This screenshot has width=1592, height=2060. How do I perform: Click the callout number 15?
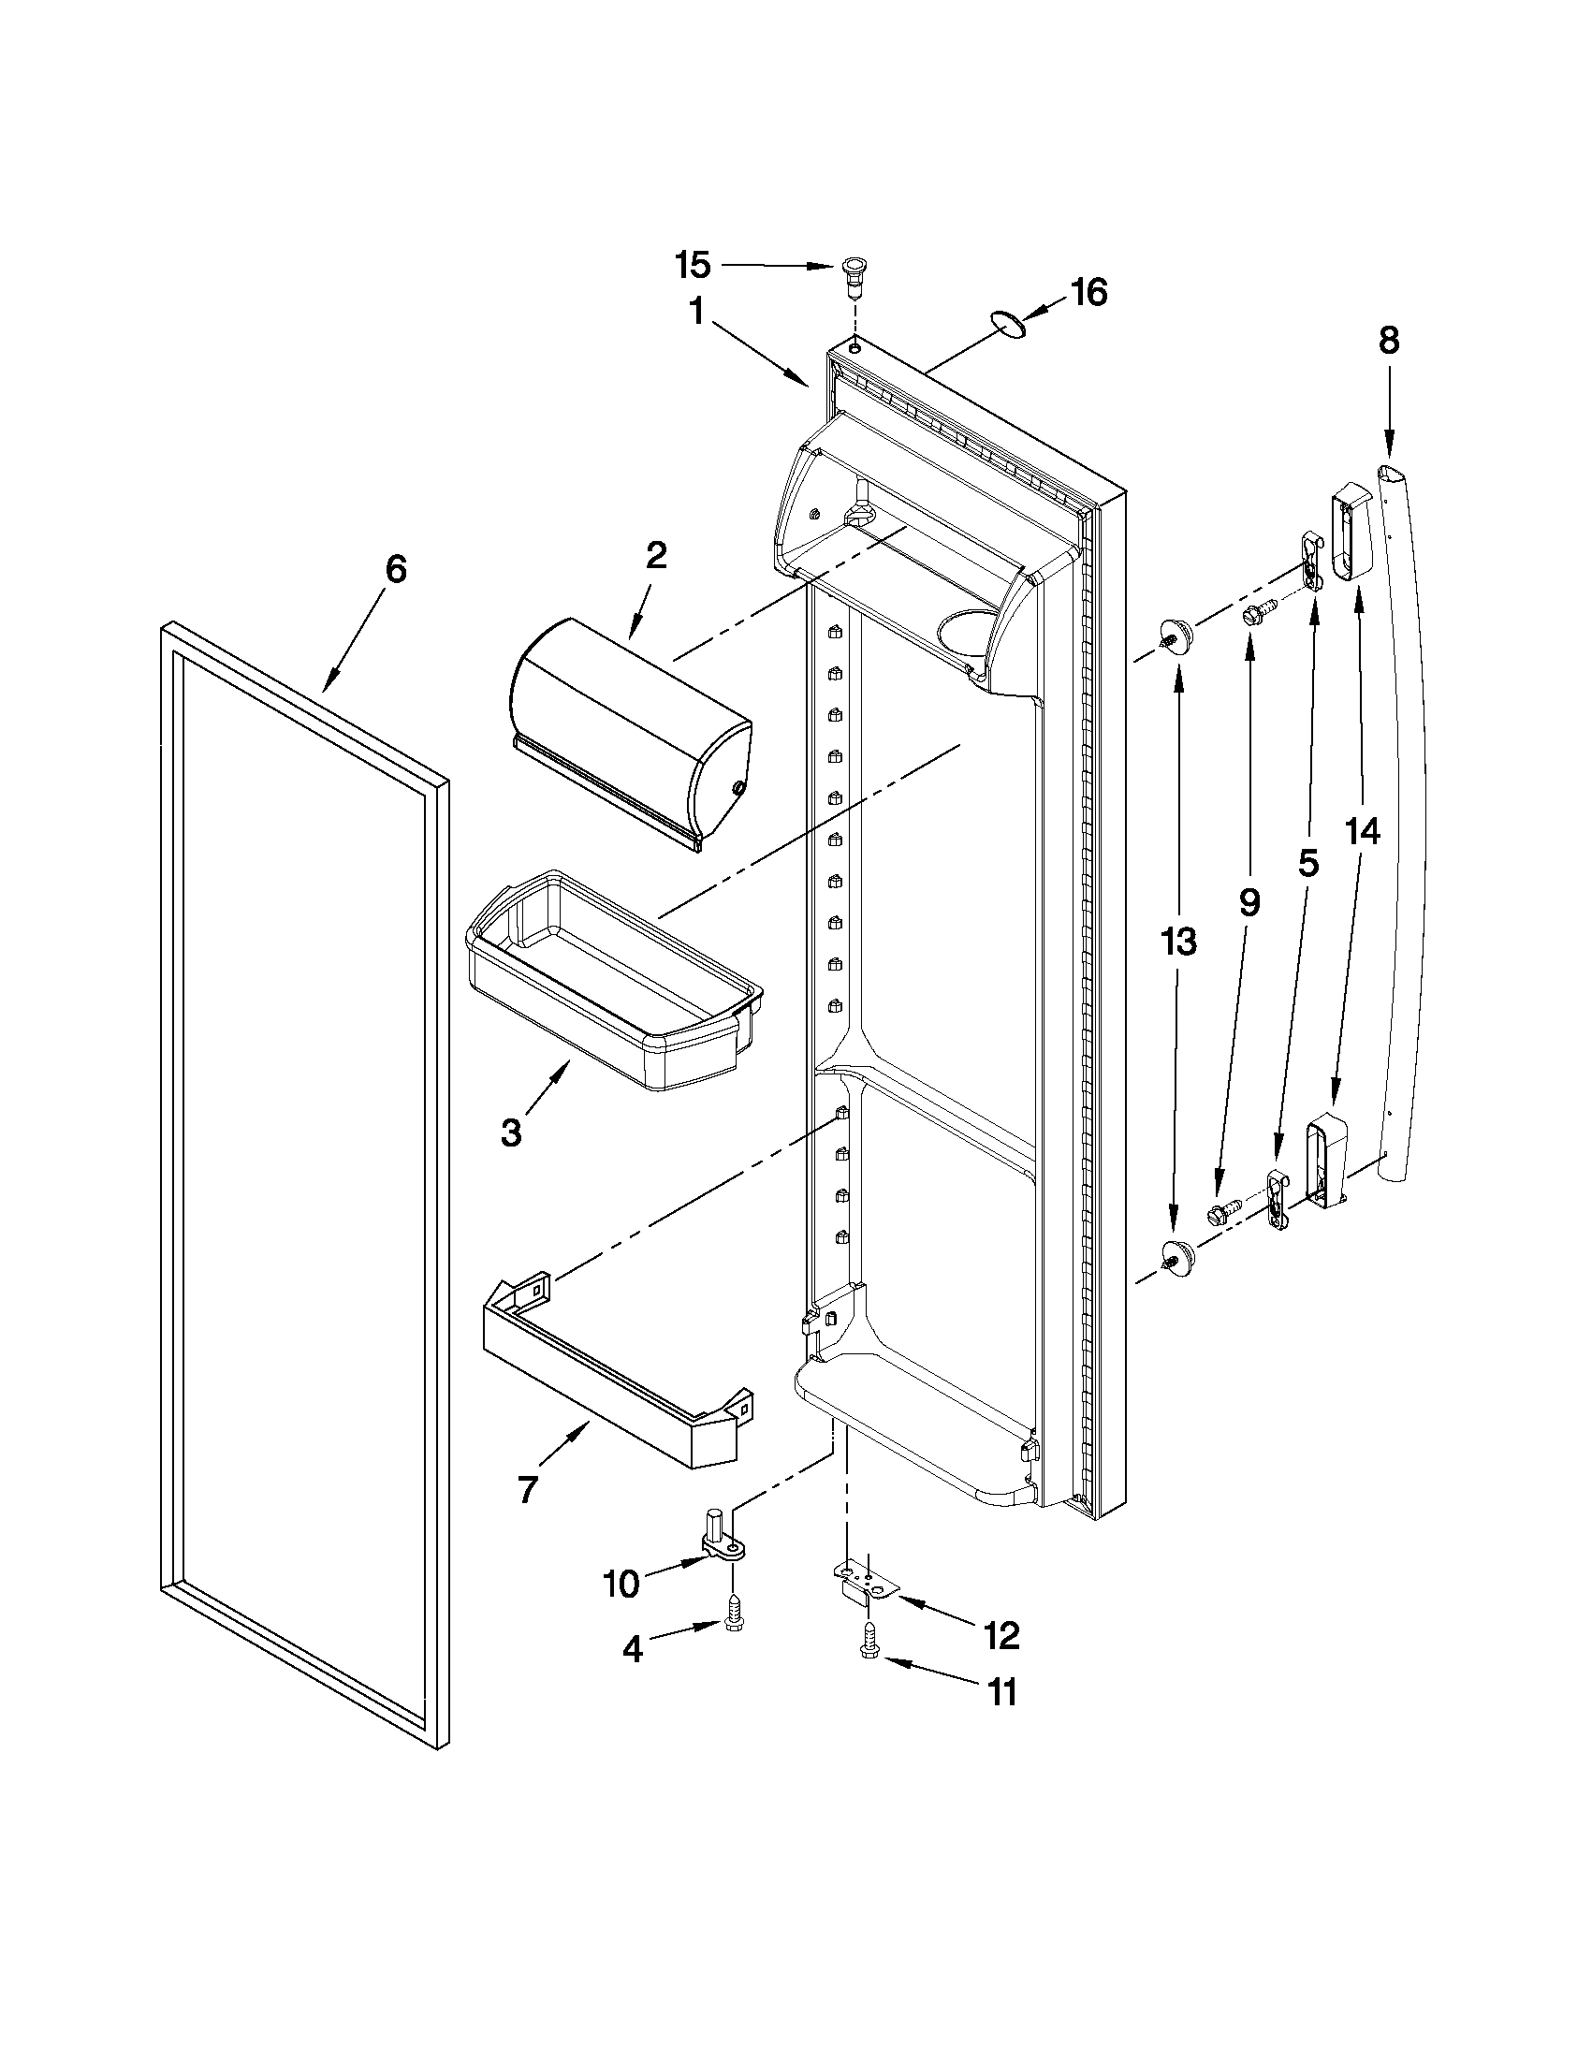coord(693,266)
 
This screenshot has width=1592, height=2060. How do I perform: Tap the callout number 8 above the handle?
coord(1389,341)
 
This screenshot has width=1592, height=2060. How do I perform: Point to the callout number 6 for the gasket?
coord(396,569)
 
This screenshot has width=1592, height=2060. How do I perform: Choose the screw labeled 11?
coord(869,1673)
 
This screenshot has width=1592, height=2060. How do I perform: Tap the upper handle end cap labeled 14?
coord(1351,533)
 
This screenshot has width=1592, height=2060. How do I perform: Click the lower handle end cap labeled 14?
coord(1325,1162)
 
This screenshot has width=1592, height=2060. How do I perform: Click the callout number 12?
coord(1001,1635)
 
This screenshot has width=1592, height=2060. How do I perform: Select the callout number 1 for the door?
coord(696,313)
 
